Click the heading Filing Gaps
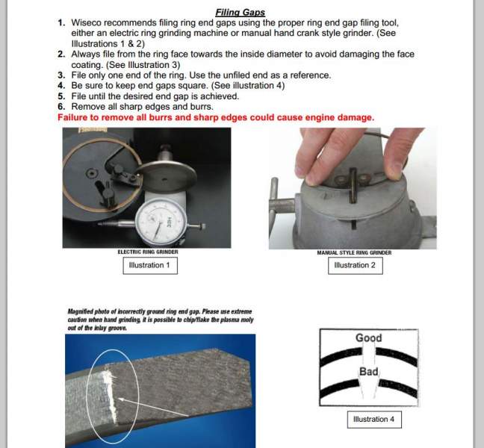tap(241, 13)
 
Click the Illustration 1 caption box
tap(149, 265)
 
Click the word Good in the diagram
tap(368, 337)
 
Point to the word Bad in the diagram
tap(369, 371)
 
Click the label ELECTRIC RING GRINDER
tap(148, 252)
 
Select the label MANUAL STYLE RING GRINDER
tap(354, 252)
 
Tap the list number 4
tap(61, 86)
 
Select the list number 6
tap(61, 107)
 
